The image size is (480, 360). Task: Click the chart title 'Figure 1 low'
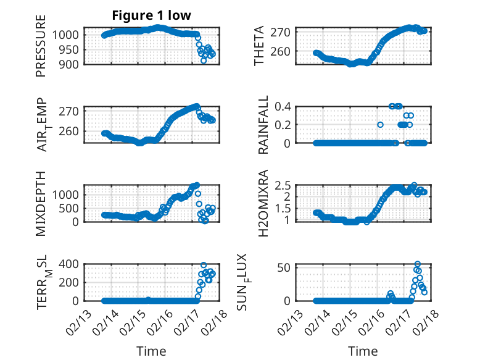point(151,15)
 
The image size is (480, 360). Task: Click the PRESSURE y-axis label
point(41,49)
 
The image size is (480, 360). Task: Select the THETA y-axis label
point(260,46)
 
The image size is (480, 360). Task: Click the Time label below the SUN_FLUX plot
point(363,351)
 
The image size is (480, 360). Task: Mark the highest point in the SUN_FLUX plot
point(418,264)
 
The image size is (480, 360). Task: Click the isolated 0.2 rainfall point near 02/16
point(380,125)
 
